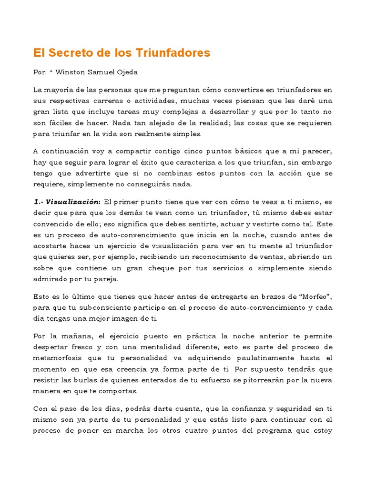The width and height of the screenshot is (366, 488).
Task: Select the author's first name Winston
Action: pyautogui.click(x=71, y=72)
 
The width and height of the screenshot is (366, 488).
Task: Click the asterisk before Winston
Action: pyautogui.click(x=51, y=72)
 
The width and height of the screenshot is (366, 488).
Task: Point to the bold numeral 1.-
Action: pyautogui.click(x=38, y=202)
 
